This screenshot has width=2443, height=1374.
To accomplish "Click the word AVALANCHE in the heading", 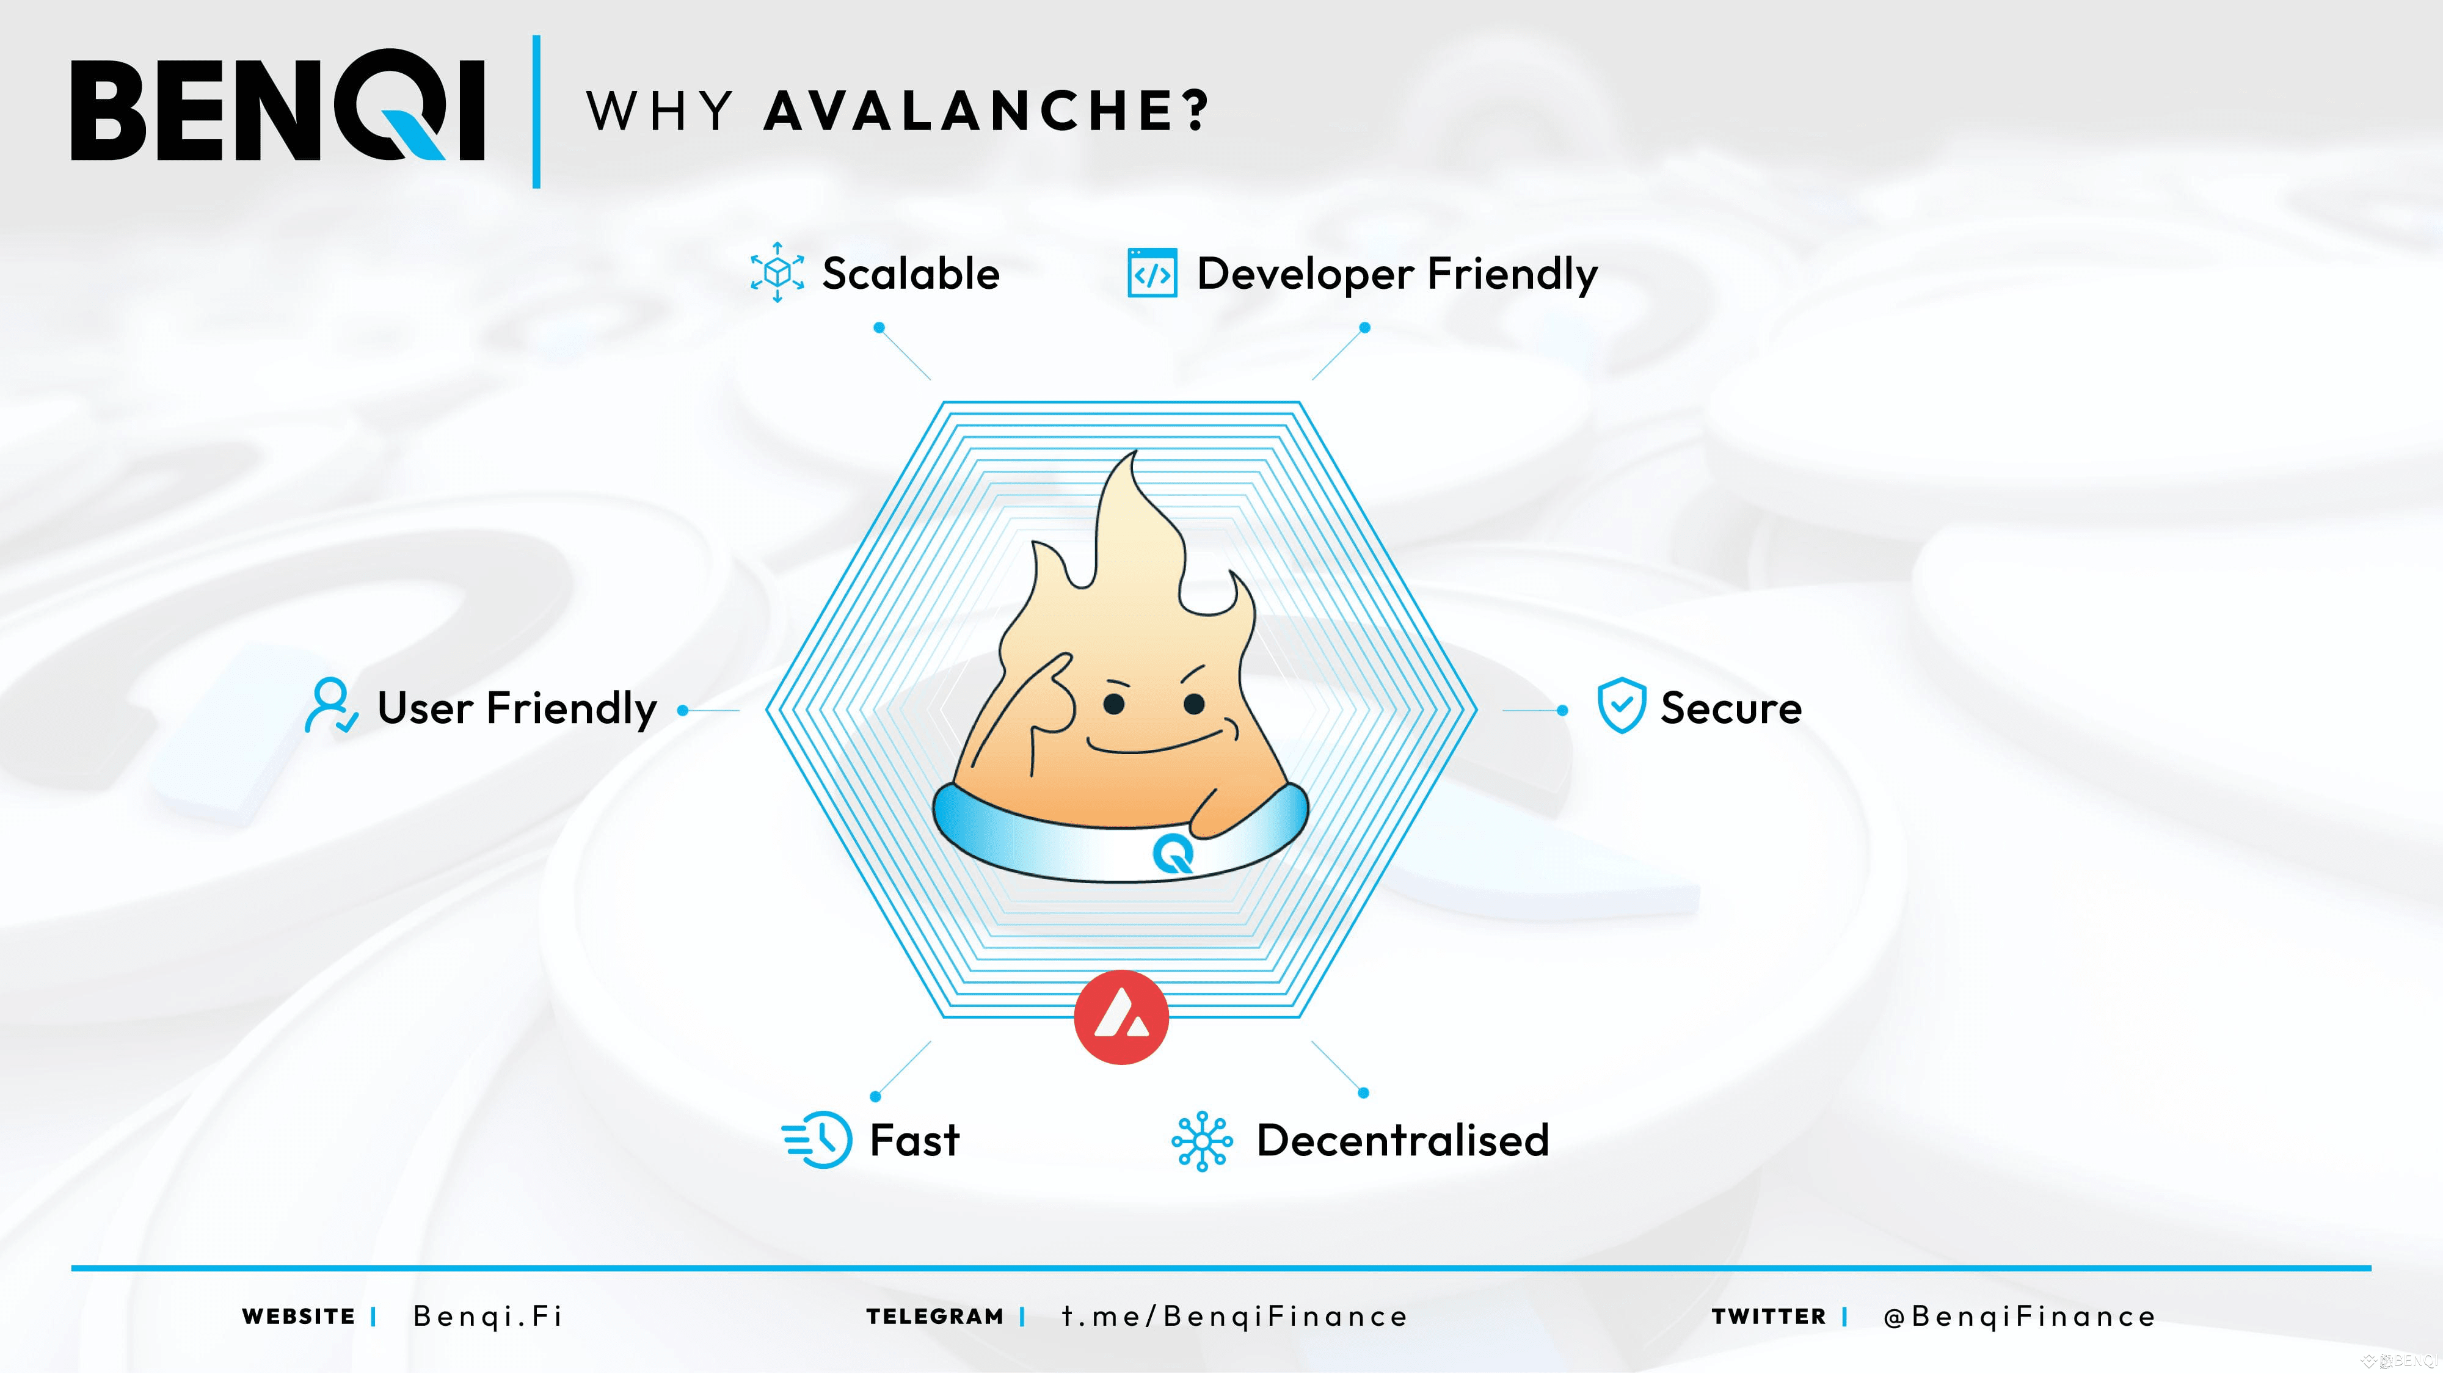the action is tap(986, 111).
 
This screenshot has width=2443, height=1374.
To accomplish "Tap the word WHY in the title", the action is tap(660, 111).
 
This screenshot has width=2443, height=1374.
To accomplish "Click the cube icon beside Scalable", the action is tap(777, 272).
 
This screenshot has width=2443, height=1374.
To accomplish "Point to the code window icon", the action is tap(1152, 273).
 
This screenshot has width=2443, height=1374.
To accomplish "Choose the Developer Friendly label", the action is tap(1397, 275).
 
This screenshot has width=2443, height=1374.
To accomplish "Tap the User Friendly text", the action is tap(517, 708).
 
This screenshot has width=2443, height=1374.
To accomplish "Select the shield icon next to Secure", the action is tap(1621, 705).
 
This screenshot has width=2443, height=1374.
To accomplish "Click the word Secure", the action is tap(1731, 708).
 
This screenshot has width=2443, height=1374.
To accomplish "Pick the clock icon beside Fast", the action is tap(817, 1139).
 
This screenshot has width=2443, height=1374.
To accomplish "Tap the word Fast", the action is tap(914, 1140).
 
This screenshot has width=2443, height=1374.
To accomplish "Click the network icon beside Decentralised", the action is tap(1201, 1141).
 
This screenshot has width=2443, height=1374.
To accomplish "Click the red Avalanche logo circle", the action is tap(1121, 1017).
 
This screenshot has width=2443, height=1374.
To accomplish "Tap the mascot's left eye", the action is tap(1115, 703).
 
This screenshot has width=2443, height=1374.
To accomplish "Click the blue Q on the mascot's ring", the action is tap(1173, 854).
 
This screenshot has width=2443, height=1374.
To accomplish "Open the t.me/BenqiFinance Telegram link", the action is tap(1234, 1316).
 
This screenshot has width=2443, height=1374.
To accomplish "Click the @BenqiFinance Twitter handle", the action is tap(2019, 1316).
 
